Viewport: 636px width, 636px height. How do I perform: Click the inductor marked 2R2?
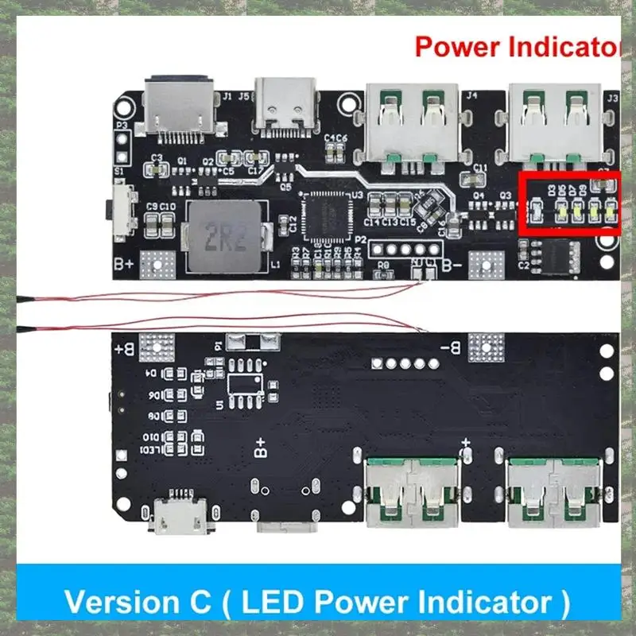[223, 235]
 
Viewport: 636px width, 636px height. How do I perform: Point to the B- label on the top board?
[452, 265]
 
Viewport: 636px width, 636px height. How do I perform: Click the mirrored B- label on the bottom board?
[450, 347]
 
